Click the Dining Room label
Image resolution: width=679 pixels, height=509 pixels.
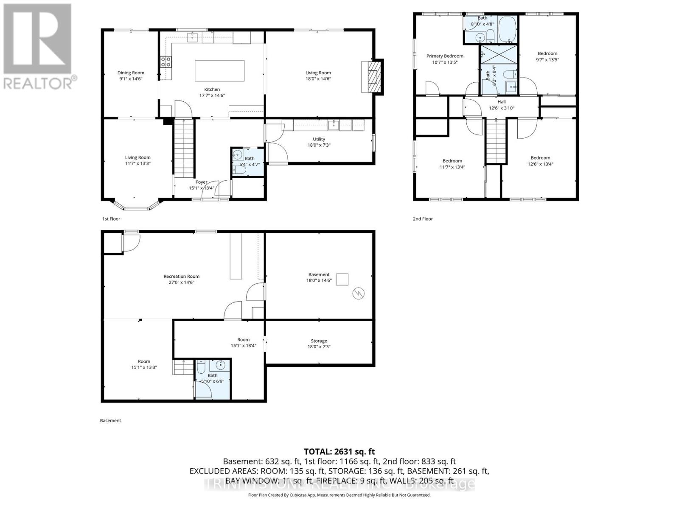131,73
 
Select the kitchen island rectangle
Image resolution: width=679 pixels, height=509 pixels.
220,70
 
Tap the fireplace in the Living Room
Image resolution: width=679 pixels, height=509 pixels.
372,77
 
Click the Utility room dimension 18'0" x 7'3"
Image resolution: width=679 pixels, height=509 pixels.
319,145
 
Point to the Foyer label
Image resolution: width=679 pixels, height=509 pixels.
202,182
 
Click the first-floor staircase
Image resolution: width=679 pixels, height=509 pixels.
184,148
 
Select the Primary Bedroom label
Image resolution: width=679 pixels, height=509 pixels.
445,56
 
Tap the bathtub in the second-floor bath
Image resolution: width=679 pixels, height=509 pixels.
507,29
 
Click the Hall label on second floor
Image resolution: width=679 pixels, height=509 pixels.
502,102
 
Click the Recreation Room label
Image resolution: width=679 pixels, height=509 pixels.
181,277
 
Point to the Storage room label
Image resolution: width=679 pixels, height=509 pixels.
319,341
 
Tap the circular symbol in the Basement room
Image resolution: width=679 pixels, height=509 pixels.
359,294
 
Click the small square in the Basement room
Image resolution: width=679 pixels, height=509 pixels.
342,280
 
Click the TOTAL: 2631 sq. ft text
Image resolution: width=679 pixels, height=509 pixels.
339,452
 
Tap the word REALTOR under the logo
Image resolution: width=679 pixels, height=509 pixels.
38,83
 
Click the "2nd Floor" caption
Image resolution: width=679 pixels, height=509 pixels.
423,219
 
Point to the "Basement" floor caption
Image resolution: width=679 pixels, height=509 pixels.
110,420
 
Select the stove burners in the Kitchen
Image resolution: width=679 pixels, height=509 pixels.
166,62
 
